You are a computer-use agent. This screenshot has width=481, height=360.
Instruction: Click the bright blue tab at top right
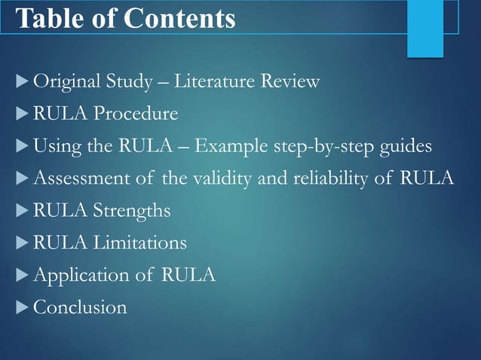[425, 28]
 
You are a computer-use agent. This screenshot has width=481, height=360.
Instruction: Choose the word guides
[406, 146]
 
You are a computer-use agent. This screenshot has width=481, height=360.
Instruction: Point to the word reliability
[332, 178]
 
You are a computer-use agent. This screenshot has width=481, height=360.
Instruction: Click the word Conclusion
[80, 307]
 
